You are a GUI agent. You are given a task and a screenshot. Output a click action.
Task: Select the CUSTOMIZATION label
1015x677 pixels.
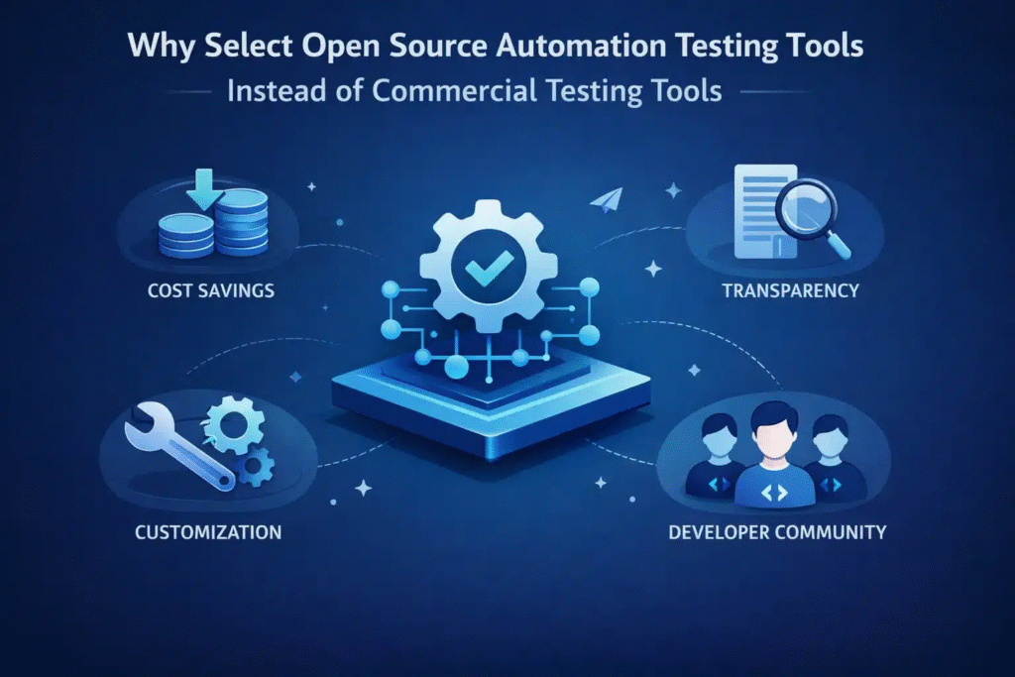pos(207,532)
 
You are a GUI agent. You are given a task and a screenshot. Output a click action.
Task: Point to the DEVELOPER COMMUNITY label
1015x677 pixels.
pos(776,532)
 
